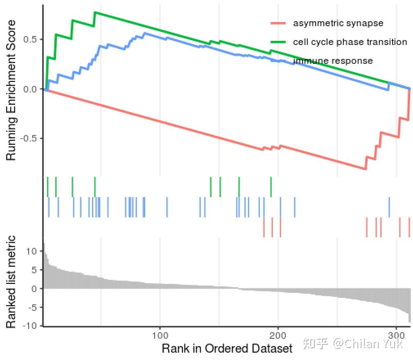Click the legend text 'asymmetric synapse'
[338, 23]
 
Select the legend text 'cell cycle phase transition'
[350, 42]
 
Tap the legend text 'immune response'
[333, 61]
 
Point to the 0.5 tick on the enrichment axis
[31, 39]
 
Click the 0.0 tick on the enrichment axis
[31, 89]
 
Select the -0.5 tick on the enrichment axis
[29, 138]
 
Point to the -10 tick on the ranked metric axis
[31, 326]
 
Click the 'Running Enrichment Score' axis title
[11, 90]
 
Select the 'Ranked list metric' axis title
[11, 282]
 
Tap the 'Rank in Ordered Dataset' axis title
[227, 349]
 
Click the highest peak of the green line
[95, 12]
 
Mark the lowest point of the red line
[365, 169]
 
